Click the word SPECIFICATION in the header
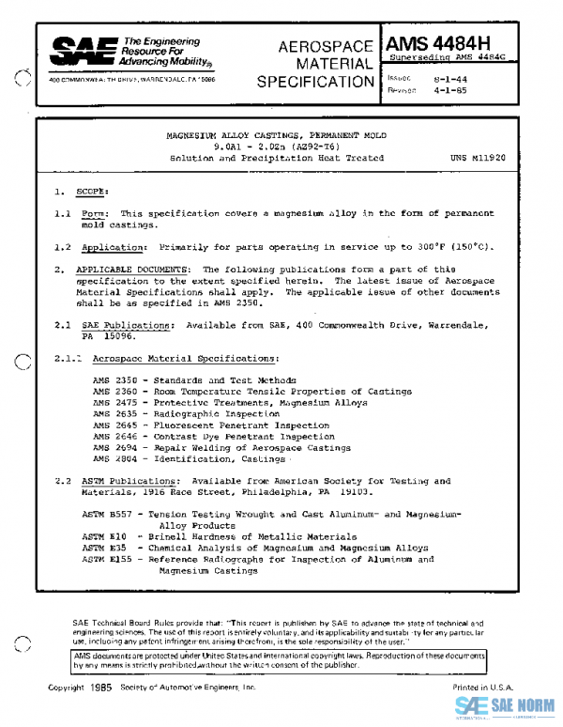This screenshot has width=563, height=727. (x=315, y=82)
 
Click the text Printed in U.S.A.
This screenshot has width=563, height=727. (x=482, y=688)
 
